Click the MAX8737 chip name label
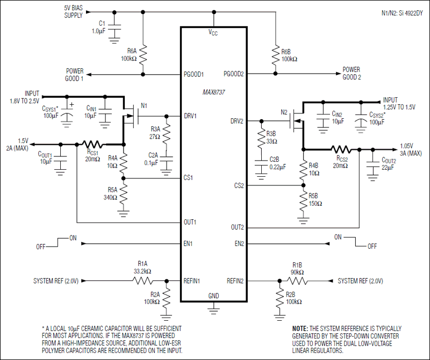213,92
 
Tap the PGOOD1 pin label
193,75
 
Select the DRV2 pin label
236,121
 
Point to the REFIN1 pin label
192,281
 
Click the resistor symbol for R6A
143,55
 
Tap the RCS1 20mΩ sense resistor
93,144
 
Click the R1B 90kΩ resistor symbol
297,281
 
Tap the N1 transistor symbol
131,114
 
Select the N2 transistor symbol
296,120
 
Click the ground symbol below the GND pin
213,310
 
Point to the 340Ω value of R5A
110,197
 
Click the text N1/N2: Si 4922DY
402,13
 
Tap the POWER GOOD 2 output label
352,74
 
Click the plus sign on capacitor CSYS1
72,104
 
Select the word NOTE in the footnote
300,328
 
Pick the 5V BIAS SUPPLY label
73,11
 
